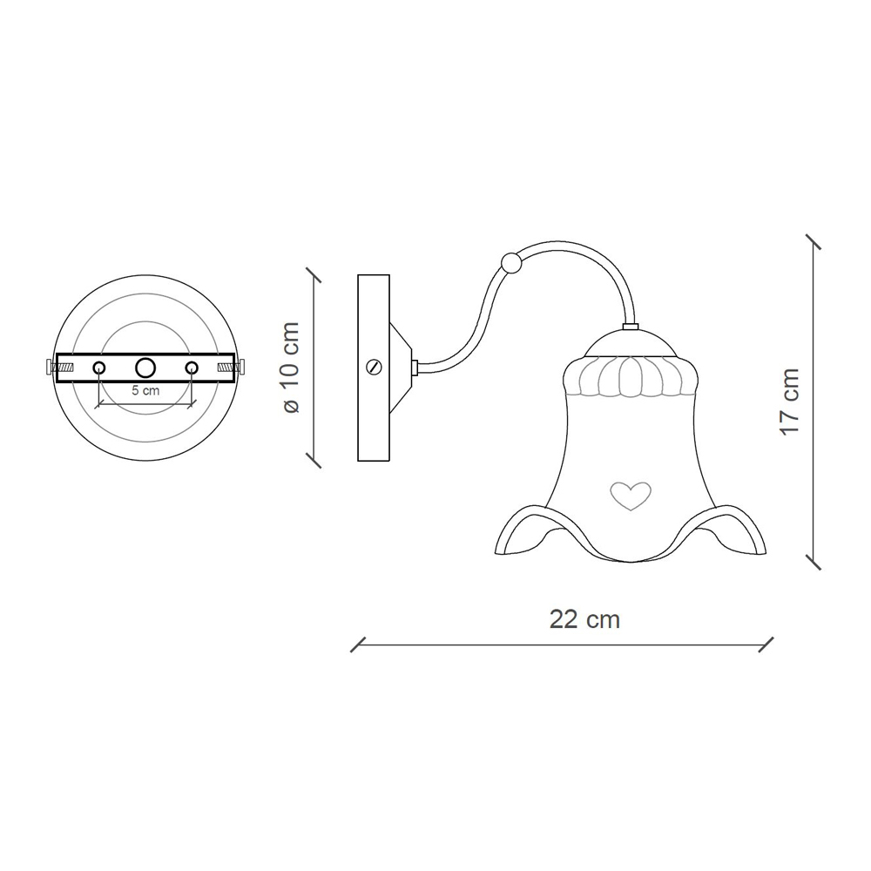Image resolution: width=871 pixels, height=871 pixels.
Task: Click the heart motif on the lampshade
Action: pos(631,495)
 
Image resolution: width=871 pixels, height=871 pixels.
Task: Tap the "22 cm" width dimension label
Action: pos(584,618)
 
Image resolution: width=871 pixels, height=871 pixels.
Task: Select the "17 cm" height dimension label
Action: pos(789,402)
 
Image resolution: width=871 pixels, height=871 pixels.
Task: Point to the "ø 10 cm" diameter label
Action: pos(291,368)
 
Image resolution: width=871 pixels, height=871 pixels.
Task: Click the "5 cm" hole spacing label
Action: pos(145,390)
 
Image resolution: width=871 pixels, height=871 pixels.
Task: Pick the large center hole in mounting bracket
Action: pos(145,368)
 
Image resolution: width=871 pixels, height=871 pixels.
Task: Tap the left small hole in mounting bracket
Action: pos(99,368)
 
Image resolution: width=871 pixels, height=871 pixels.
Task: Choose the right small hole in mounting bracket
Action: pos(192,368)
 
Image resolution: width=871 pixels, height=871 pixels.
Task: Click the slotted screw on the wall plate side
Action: pos(375,368)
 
